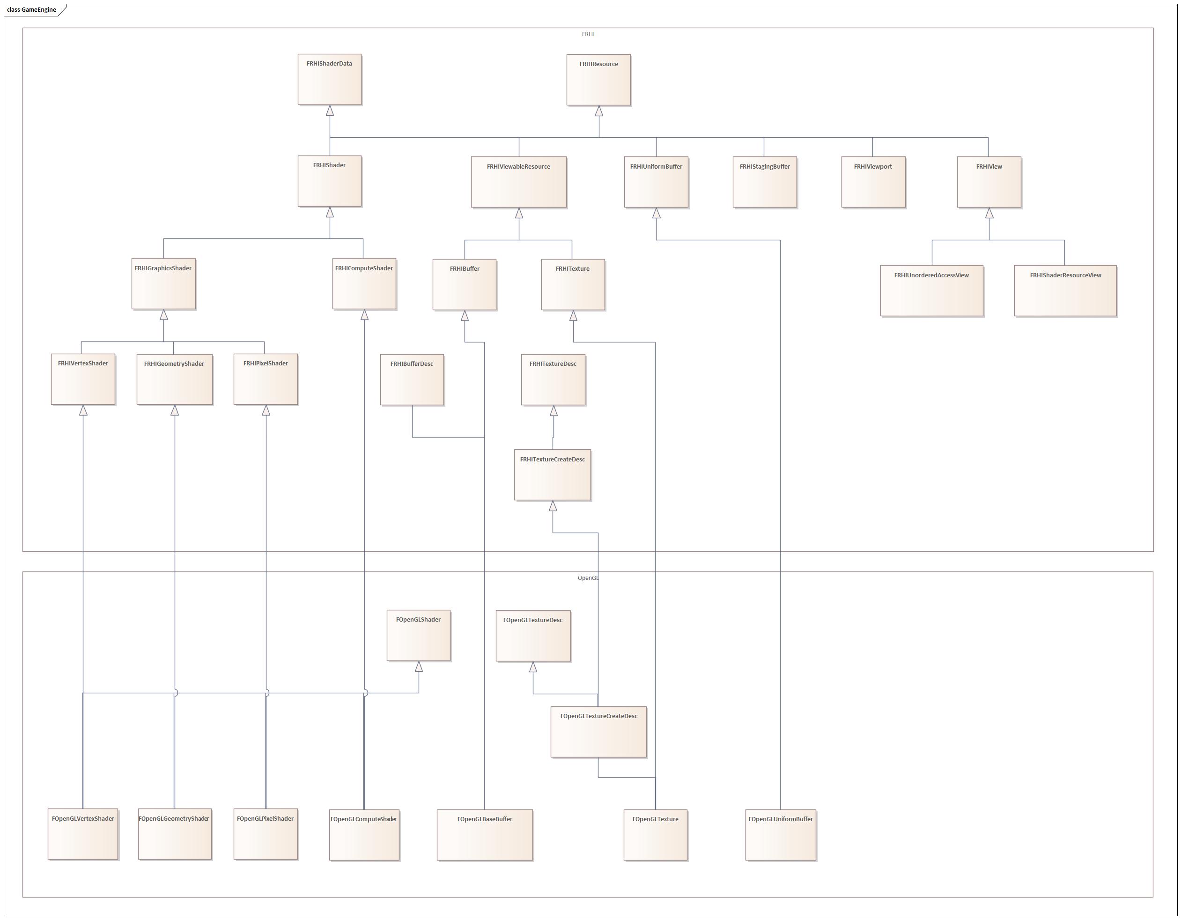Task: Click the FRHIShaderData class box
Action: pyautogui.click(x=329, y=80)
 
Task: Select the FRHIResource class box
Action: pyautogui.click(x=598, y=80)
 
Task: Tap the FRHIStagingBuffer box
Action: pyautogui.click(x=765, y=182)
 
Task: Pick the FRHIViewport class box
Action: pyautogui.click(x=873, y=182)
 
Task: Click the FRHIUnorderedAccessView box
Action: pyautogui.click(x=931, y=290)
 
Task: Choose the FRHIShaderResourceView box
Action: pyautogui.click(x=1065, y=290)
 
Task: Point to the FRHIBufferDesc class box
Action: pyautogui.click(x=412, y=380)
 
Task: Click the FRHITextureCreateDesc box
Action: pyautogui.click(x=552, y=475)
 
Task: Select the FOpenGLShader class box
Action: pyautogui.click(x=419, y=636)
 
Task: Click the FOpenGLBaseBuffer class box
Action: pyautogui.click(x=485, y=835)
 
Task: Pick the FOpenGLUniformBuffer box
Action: pyautogui.click(x=780, y=835)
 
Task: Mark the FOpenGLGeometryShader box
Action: pyautogui.click(x=174, y=834)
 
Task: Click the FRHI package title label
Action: pyautogui.click(x=588, y=34)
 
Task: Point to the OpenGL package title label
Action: pyautogui.click(x=588, y=578)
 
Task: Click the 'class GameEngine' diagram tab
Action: pyautogui.click(x=32, y=10)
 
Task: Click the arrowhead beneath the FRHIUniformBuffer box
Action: pyautogui.click(x=656, y=214)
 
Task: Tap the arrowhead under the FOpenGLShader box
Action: pyautogui.click(x=419, y=667)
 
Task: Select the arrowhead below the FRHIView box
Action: pyautogui.click(x=989, y=214)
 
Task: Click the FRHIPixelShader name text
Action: pyautogui.click(x=266, y=364)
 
